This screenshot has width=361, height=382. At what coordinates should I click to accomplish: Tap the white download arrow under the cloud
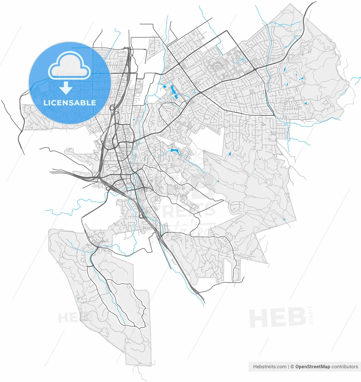66,88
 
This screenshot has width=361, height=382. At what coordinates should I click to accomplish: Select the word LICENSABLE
70,103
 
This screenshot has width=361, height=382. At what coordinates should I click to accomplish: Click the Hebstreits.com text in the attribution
270,366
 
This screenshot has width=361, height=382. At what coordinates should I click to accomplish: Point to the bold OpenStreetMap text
313,366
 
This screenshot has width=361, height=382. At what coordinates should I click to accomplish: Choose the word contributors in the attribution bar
345,366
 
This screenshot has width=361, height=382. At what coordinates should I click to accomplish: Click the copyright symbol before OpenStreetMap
293,366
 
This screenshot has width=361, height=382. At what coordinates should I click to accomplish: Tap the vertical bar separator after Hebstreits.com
289,366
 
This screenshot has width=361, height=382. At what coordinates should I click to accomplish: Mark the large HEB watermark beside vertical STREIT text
277,318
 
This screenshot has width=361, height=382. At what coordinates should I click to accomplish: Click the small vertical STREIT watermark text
311,315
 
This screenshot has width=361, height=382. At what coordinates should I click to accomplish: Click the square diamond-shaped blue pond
165,87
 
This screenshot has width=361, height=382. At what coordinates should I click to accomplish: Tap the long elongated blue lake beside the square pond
172,89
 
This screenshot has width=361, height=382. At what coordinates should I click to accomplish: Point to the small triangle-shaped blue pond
229,154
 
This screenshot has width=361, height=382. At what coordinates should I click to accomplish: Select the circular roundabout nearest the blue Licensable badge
112,108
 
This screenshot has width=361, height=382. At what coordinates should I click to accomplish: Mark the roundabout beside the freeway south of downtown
141,216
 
